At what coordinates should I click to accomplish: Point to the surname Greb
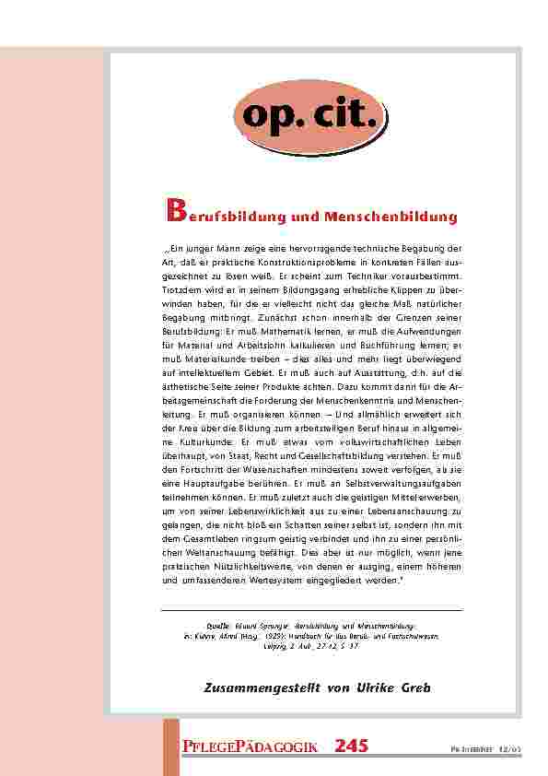(415, 688)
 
